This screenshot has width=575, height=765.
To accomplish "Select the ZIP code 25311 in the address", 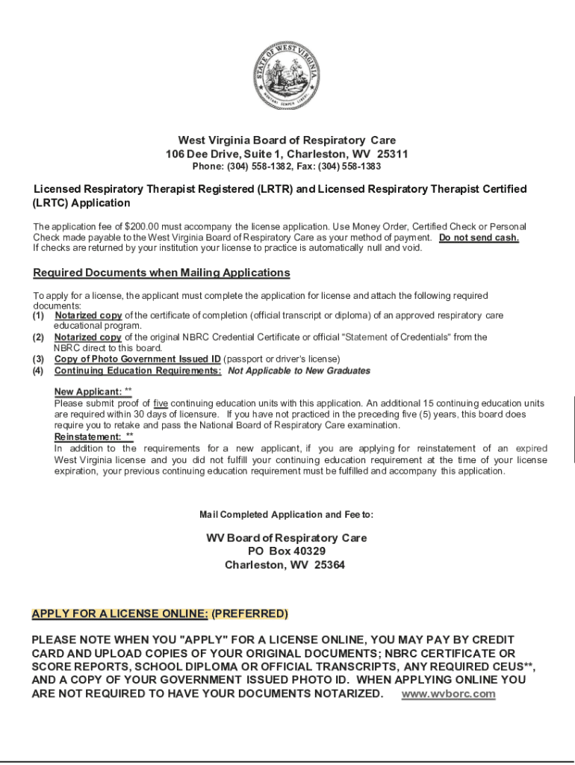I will pyautogui.click(x=392, y=154).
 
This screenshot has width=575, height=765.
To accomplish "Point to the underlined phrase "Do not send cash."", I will pyautogui.click(x=479, y=238).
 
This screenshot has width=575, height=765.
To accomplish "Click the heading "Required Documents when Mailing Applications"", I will pyautogui.click(x=161, y=273).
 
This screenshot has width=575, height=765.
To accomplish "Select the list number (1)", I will pyautogui.click(x=38, y=316).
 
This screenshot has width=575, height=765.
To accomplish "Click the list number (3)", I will pyautogui.click(x=38, y=359).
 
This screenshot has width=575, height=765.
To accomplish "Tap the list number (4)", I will pyautogui.click(x=38, y=371).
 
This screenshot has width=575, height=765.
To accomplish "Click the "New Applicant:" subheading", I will pyautogui.click(x=88, y=392).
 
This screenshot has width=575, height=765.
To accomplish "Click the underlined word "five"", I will pyautogui.click(x=161, y=403).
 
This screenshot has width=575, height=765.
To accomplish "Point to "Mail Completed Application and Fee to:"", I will pyautogui.click(x=287, y=515).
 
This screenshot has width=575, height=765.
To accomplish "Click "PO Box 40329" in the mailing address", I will pyautogui.click(x=287, y=551).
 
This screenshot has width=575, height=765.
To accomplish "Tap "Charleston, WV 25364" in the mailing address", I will pyautogui.click(x=285, y=565).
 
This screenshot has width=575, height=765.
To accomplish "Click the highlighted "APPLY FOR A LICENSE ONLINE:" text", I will pyautogui.click(x=119, y=614).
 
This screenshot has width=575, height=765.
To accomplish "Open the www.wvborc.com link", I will pyautogui.click(x=448, y=694).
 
